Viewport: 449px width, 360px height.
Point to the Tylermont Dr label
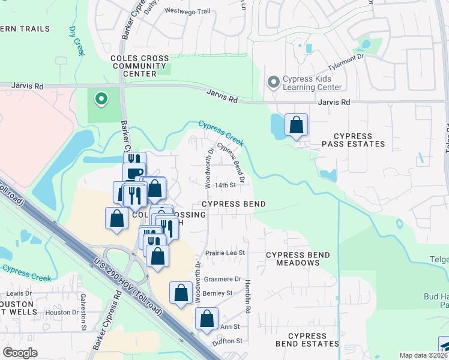tap(345, 63)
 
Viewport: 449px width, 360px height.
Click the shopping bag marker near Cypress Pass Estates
tap(296, 125)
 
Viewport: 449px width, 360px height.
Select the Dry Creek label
tap(76, 41)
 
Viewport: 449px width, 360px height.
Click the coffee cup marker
tap(134, 174)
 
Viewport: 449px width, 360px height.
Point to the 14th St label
tap(225, 185)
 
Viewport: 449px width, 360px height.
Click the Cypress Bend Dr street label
tap(231, 163)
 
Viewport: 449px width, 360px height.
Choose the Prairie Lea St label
tap(226, 253)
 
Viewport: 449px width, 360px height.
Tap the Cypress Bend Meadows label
tap(298, 259)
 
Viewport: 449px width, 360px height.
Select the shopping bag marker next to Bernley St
tap(181, 293)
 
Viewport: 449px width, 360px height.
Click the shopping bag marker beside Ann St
tap(206, 319)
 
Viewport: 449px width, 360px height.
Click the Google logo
tap(20, 353)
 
